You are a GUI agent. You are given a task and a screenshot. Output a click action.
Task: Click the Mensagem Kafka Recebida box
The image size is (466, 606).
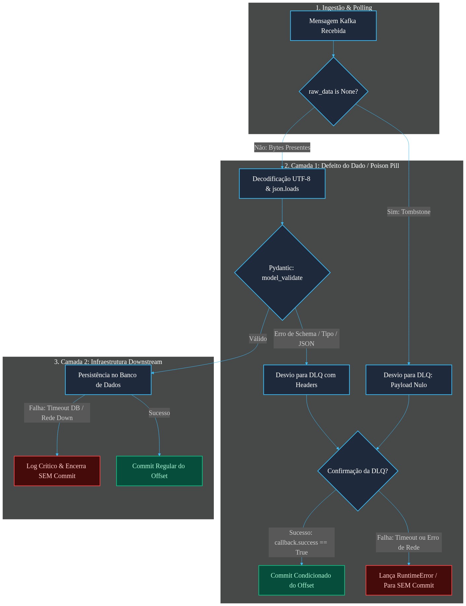(333, 26)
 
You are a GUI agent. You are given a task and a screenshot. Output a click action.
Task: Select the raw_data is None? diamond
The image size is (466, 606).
(333, 91)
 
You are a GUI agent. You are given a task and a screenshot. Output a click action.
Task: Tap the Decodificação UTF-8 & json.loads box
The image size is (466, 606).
(282, 184)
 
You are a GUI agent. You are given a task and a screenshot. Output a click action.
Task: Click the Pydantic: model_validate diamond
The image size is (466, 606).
(282, 273)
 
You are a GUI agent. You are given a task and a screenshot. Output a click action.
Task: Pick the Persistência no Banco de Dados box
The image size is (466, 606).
(108, 380)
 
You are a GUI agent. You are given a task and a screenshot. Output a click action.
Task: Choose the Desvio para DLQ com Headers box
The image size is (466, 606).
(306, 380)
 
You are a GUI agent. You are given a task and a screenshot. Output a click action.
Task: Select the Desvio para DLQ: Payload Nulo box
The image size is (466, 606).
(409, 380)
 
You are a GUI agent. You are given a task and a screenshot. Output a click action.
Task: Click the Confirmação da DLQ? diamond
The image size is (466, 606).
(358, 471)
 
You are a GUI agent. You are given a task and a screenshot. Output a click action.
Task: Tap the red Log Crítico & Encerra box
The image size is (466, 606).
(57, 471)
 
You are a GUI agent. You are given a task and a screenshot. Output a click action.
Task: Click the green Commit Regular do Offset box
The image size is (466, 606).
(159, 471)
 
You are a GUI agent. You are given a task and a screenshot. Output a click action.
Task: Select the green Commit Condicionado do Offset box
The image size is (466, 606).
(302, 580)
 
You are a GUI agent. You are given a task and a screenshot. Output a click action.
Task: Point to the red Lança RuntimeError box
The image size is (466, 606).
(409, 580)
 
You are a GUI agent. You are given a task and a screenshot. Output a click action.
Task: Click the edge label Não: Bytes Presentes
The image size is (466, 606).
(282, 147)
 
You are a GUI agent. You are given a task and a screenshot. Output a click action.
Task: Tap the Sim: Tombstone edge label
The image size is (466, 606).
(409, 212)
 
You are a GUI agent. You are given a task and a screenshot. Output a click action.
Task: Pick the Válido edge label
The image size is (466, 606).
(258, 339)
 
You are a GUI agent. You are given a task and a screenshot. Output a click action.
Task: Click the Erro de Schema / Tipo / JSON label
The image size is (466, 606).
(306, 339)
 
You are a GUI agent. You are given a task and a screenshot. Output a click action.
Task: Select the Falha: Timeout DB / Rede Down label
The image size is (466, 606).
(57, 413)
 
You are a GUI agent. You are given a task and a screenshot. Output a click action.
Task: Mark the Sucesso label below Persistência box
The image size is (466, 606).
(159, 413)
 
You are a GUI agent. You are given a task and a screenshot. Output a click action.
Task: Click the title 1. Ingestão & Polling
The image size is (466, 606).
(344, 8)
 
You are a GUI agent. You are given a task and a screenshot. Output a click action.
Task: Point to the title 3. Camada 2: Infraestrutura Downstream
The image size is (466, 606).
(108, 362)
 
